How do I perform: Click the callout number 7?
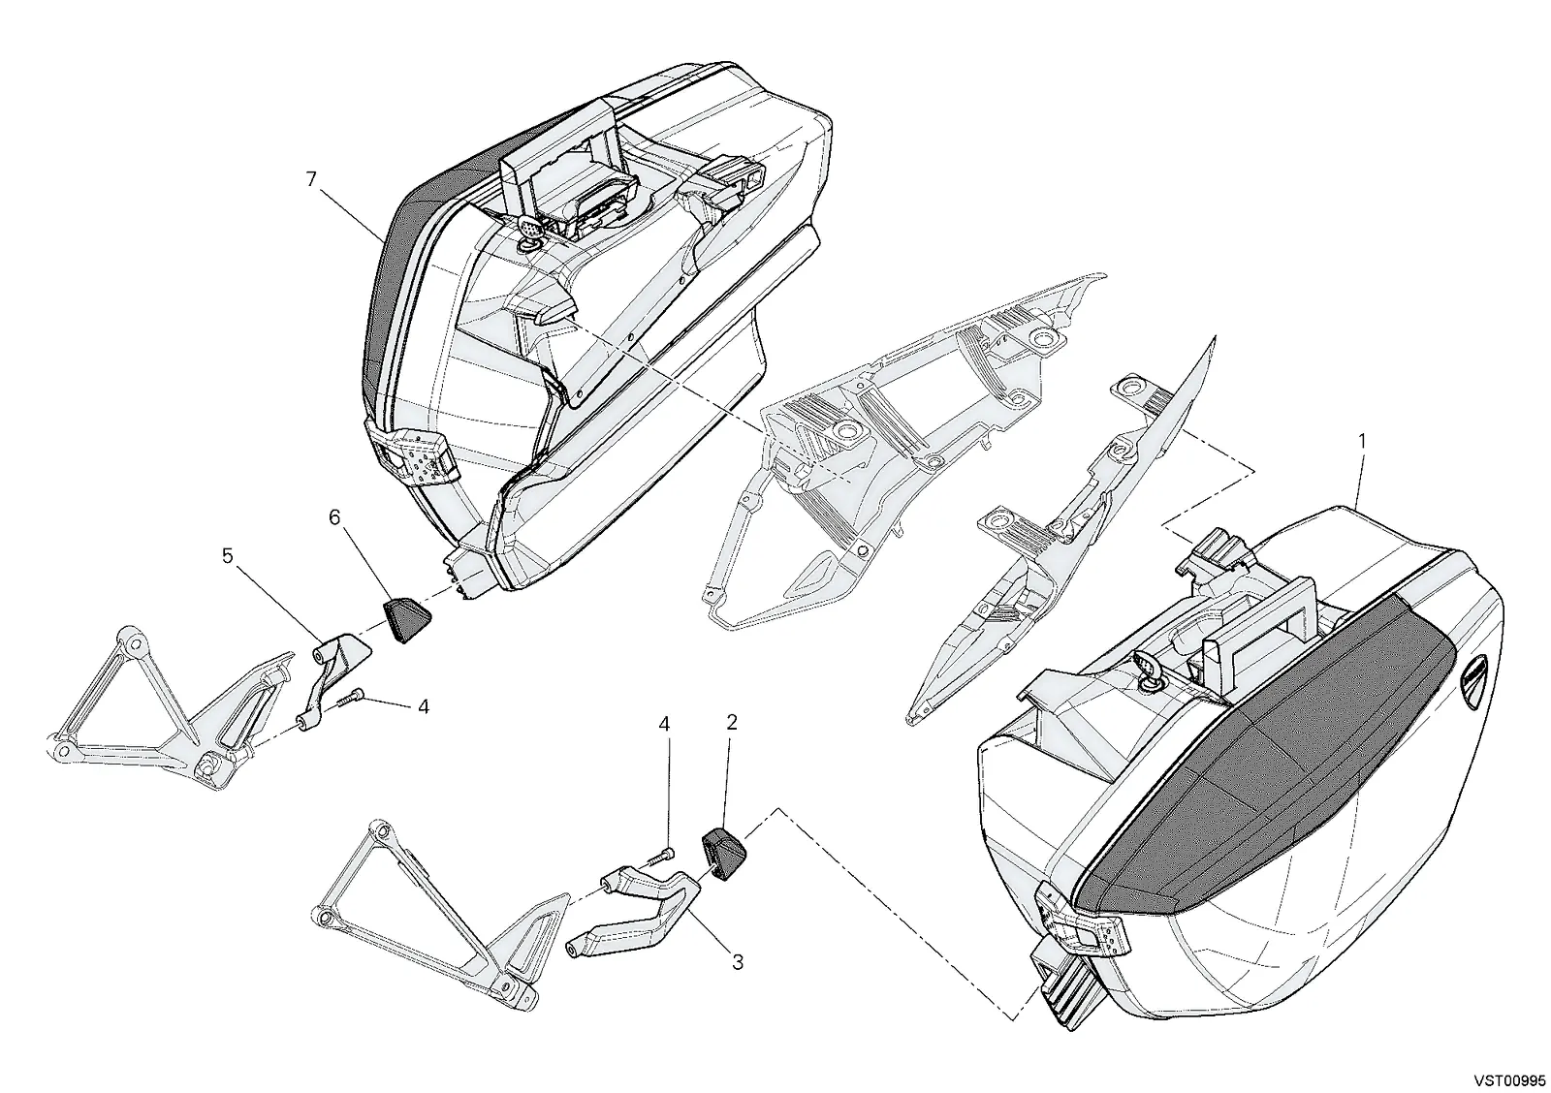[311, 179]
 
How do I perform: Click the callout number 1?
[1362, 441]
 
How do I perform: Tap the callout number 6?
[334, 517]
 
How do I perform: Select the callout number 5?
[228, 555]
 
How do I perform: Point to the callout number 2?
[732, 722]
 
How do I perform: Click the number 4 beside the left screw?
[423, 706]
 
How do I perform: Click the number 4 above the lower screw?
[664, 724]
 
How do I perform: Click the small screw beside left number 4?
[349, 701]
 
